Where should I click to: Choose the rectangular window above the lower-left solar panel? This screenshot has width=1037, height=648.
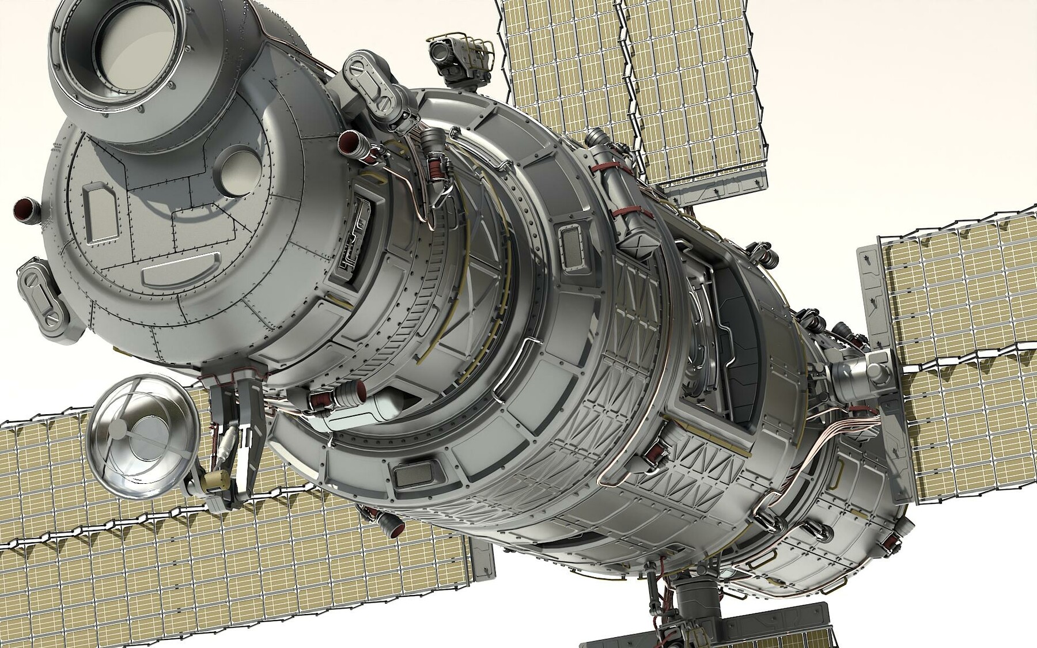[x=411, y=475]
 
